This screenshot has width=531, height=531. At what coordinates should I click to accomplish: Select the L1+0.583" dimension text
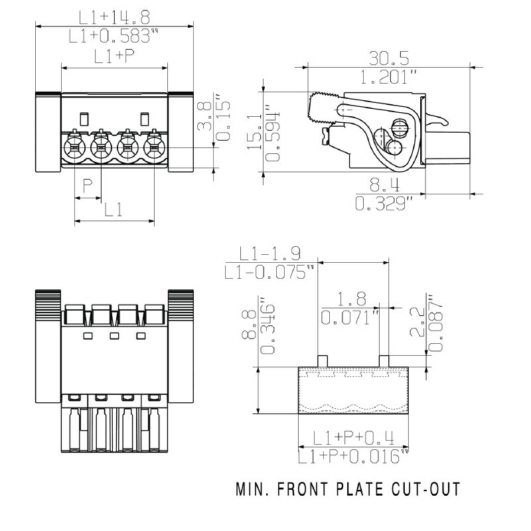tap(114, 36)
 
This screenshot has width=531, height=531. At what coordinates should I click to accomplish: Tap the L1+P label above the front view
tap(114, 57)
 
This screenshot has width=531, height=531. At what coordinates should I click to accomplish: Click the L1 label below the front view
tap(114, 210)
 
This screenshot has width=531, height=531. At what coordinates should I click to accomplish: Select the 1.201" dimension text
tap(389, 76)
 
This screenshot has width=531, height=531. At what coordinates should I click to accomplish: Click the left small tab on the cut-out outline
tap(323, 360)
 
